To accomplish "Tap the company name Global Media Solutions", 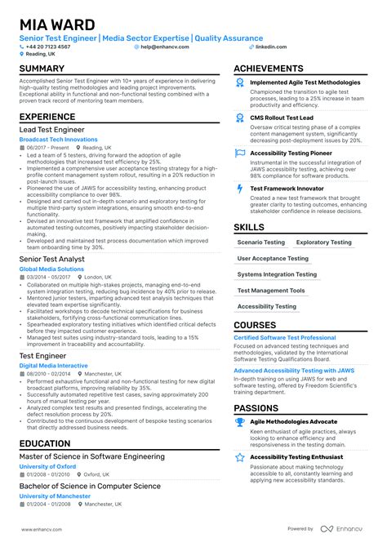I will click(51, 269).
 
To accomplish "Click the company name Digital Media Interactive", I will click(53, 365).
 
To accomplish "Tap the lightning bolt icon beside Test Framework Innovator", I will click(239, 189).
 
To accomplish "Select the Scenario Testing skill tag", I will click(261, 242).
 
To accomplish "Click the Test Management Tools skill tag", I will click(271, 290).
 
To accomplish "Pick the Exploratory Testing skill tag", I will click(324, 242).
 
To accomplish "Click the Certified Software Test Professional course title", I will click(285, 337).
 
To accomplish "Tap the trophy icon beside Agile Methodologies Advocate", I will click(239, 422).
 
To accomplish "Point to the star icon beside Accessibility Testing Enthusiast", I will click(239, 458).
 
